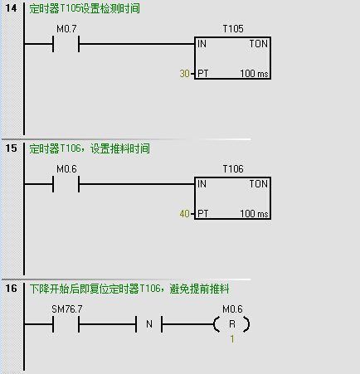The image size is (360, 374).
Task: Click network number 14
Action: pyautogui.click(x=11, y=8)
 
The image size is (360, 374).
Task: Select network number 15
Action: pyautogui.click(x=11, y=148)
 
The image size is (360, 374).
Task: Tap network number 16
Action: pyautogui.click(x=11, y=289)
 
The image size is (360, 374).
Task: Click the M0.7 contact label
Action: pyautogui.click(x=66, y=29)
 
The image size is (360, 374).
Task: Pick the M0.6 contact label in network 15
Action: pyautogui.click(x=66, y=169)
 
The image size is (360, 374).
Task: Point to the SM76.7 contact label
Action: pyautogui.click(x=67, y=309)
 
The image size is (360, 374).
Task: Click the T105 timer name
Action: pyautogui.click(x=233, y=29)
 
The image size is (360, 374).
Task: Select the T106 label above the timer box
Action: pyautogui.click(x=233, y=169)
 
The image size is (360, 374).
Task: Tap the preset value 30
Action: pyautogui.click(x=184, y=74)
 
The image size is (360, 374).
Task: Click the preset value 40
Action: pyautogui.click(x=184, y=214)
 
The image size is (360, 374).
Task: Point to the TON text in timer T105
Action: pyautogui.click(x=259, y=44)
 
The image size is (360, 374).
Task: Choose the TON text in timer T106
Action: pyautogui.click(x=259, y=184)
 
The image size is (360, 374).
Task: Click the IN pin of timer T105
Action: pyautogui.click(x=202, y=44)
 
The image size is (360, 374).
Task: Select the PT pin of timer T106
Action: pyautogui.click(x=203, y=214)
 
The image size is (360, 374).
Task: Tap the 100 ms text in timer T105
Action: pyautogui.click(x=254, y=74)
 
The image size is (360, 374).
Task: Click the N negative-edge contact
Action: pyautogui.click(x=149, y=324)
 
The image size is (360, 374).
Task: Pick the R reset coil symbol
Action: pyautogui.click(x=231, y=324)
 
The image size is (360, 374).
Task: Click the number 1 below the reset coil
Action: pyautogui.click(x=232, y=339)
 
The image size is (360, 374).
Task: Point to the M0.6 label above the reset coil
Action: pyautogui.click(x=232, y=309)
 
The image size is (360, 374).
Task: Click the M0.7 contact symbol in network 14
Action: pyautogui.click(x=66, y=44)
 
